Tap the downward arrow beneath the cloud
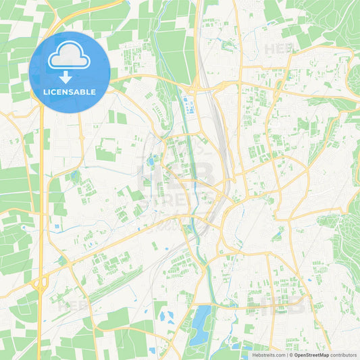pos(66,76)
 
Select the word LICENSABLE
pos(70,92)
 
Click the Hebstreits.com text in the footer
pos(268,354)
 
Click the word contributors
pos(344,354)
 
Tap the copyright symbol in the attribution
pos(292,354)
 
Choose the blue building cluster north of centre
pos(188,105)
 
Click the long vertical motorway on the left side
pos(41,203)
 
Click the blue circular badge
pos(70,72)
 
